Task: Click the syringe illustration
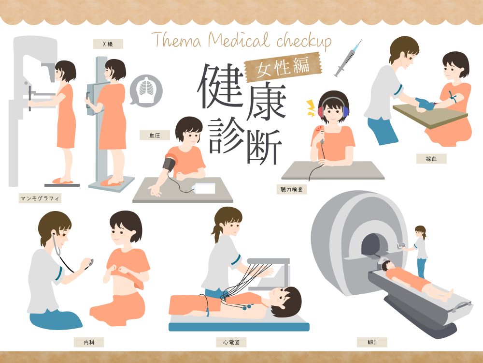[x=348, y=58]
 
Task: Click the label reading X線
[x=108, y=44]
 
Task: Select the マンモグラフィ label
[x=40, y=198]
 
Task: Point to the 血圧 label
[x=155, y=135]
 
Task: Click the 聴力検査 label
[x=291, y=189]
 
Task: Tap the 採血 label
[x=431, y=159]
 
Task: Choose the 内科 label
[x=89, y=342]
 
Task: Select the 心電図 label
[x=231, y=342]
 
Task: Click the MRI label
[x=372, y=342]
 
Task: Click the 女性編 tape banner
[x=283, y=67]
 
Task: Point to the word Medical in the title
[x=239, y=41]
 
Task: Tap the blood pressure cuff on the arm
[x=170, y=163]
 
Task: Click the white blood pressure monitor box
[x=203, y=188]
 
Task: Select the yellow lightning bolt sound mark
[x=311, y=108]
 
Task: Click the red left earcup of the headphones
[x=321, y=111]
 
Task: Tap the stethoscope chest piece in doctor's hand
[x=90, y=263]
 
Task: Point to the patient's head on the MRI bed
[x=386, y=266]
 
